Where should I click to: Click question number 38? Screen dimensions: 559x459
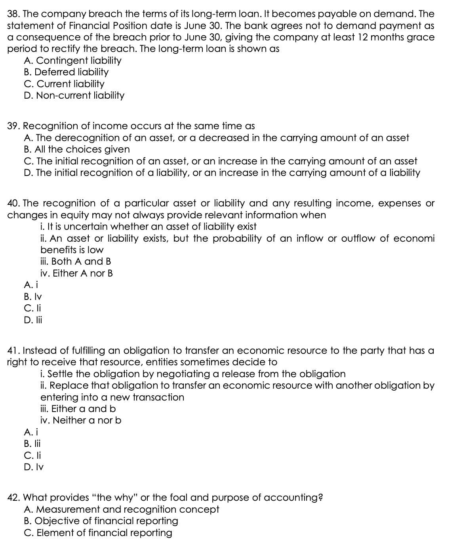(14, 14)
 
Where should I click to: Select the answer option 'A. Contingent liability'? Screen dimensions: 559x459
(72, 61)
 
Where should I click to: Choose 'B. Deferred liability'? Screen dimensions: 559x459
(66, 72)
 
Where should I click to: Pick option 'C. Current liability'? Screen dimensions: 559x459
(64, 84)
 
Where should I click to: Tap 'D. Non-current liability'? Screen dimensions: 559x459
(74, 95)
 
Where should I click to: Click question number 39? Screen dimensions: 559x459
(14, 126)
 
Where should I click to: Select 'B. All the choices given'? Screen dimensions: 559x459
(76, 149)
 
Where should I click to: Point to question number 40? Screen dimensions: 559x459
(14, 204)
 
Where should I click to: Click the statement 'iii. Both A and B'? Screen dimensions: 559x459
(76, 261)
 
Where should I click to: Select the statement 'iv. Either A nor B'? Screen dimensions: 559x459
(76, 273)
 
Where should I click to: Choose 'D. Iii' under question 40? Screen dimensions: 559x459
(32, 320)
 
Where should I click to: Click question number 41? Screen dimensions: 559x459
(14, 351)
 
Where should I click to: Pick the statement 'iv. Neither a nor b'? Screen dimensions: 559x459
(81, 420)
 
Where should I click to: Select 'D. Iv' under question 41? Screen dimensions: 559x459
(33, 467)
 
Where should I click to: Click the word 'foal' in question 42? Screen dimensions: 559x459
(177, 498)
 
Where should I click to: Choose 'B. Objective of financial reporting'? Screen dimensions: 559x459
(101, 521)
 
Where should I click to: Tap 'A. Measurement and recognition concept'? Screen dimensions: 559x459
(121, 509)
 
